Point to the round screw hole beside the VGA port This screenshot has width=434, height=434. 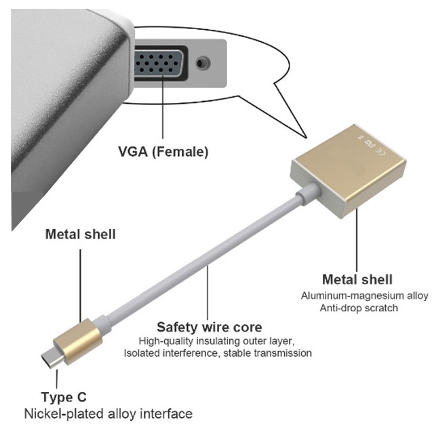pos(201,64)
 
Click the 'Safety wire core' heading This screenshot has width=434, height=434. pos(209,327)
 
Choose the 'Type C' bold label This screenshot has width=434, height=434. pos(64,397)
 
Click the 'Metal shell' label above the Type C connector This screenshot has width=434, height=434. pos(80,235)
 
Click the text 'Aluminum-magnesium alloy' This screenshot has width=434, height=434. pos(365,296)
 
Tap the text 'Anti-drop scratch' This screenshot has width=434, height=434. pos(365,308)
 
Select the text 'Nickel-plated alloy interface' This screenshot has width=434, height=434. pos(108,413)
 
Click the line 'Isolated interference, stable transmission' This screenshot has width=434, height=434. pos(218,353)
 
